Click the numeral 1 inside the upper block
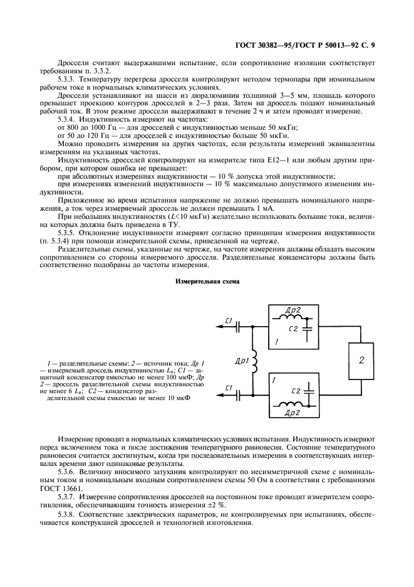(277, 342)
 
